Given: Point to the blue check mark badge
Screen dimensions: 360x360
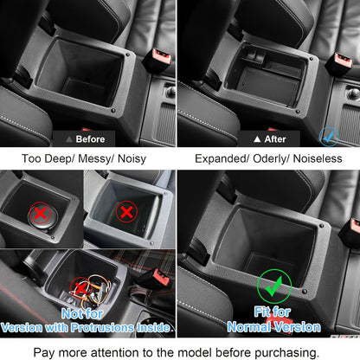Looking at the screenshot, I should (x=326, y=135).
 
